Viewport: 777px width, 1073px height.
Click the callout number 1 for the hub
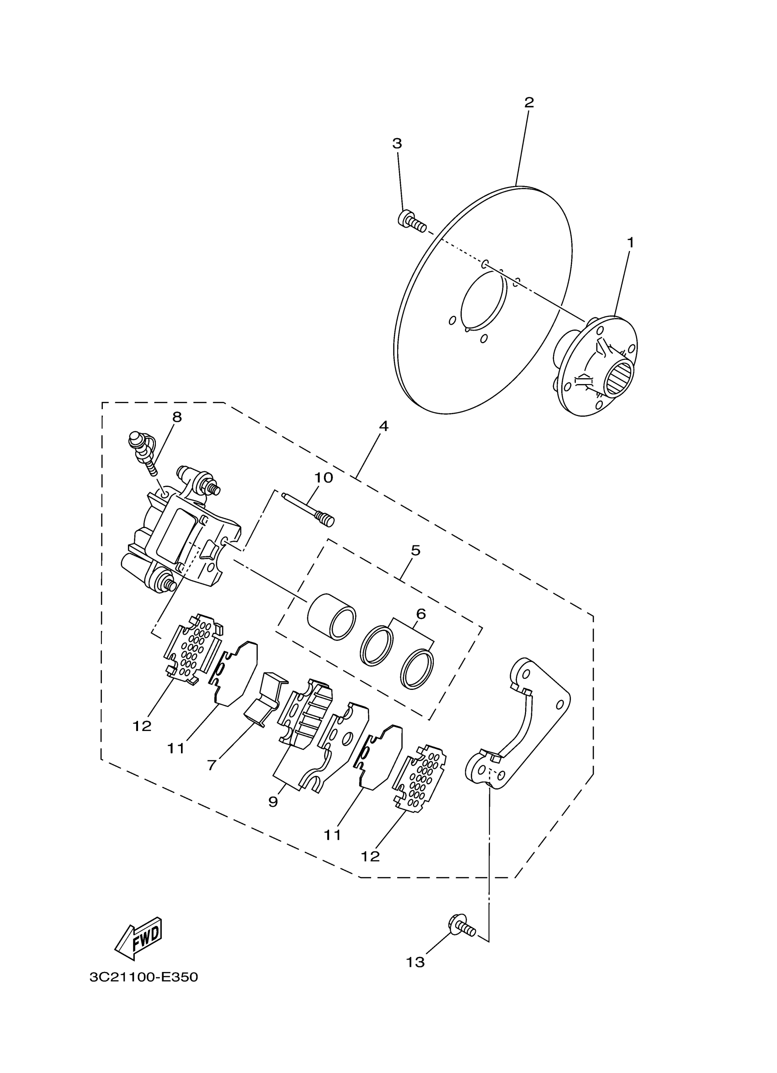point(630,242)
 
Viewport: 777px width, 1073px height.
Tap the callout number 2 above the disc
point(529,102)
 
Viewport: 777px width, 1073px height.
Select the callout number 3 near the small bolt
point(397,144)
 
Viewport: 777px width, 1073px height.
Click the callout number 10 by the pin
point(324,478)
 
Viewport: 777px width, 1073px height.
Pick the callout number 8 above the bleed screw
point(177,417)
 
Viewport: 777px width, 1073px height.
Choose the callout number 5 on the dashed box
point(415,550)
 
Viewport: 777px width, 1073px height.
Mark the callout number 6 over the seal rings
point(421,614)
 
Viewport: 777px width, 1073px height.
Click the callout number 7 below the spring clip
point(213,765)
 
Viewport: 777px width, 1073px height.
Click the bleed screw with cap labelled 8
point(141,449)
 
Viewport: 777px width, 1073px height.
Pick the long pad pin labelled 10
point(309,507)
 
